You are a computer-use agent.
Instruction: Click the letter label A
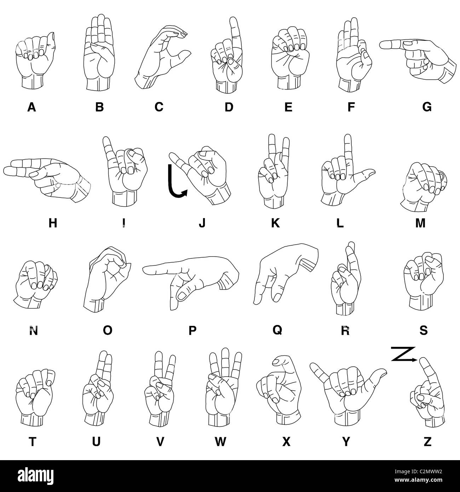click(x=31, y=107)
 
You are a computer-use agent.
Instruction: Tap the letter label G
click(x=427, y=107)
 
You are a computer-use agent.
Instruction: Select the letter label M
click(x=420, y=223)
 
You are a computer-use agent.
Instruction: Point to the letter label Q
click(x=277, y=330)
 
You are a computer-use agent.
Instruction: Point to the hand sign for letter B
click(x=100, y=53)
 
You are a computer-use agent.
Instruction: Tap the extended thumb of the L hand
click(x=370, y=172)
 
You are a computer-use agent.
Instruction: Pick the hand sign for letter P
click(x=191, y=280)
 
